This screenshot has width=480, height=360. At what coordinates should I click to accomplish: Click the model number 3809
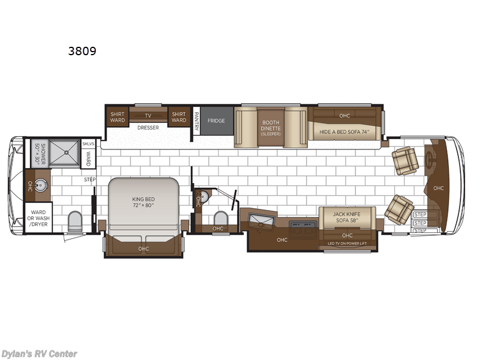(x=82, y=51)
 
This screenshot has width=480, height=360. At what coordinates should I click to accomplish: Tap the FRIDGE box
(x=216, y=121)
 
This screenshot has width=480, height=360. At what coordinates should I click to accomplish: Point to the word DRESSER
(x=148, y=127)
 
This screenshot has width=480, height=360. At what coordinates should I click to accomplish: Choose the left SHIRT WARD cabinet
(x=117, y=116)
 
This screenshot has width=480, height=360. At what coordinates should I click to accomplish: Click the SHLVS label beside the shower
(x=88, y=143)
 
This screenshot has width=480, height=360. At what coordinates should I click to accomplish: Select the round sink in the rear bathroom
(x=41, y=185)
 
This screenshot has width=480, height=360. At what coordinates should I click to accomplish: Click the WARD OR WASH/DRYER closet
(x=38, y=217)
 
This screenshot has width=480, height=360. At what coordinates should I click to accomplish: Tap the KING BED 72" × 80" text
(x=144, y=201)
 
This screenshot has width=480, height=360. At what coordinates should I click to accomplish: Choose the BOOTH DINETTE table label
(x=271, y=127)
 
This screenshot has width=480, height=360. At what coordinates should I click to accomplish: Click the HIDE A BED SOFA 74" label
(x=344, y=131)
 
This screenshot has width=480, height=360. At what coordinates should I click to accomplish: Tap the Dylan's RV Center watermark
(x=40, y=353)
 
